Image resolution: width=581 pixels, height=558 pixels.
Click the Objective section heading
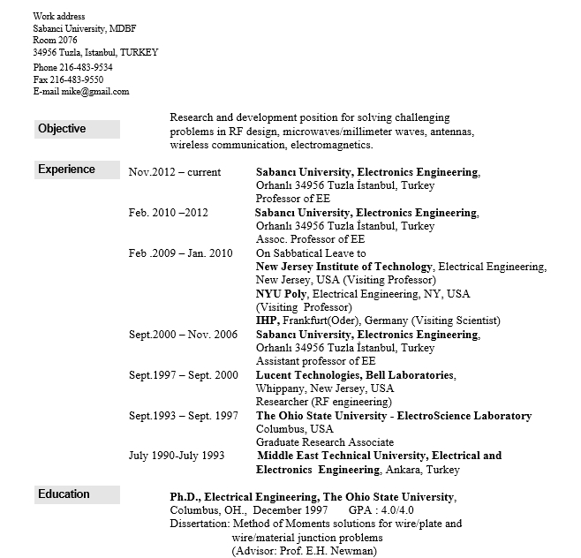[62, 129]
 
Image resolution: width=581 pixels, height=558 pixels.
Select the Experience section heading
[66, 170]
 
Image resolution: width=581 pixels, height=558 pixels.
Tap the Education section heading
[64, 494]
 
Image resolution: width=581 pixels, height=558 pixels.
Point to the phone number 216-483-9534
[87, 67]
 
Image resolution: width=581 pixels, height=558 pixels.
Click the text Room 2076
[55, 41]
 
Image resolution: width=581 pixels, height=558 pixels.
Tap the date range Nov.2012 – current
[175, 173]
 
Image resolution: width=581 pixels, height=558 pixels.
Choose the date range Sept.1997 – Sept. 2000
[184, 375]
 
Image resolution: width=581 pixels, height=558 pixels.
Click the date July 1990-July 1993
[177, 456]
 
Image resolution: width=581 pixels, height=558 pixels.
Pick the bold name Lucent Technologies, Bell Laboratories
[355, 375]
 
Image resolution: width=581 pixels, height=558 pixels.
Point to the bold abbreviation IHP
[267, 320]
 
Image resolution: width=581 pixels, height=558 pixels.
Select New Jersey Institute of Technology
[343, 267]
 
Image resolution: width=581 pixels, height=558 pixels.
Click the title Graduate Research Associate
[325, 442]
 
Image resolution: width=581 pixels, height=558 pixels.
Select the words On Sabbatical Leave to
[311, 253]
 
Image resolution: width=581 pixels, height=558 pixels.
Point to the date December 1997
[294, 510]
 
